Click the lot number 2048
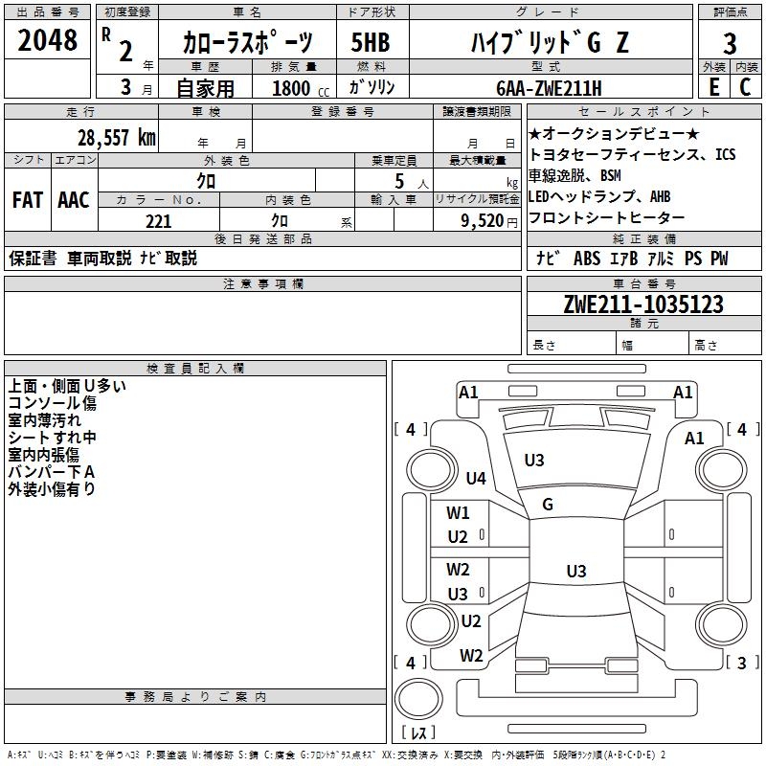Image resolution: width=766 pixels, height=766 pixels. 47,40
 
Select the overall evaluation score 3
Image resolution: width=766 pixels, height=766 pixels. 730,43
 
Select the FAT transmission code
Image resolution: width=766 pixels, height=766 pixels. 27,200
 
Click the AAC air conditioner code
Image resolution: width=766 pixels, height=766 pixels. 74,200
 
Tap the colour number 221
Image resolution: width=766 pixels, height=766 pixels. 159,221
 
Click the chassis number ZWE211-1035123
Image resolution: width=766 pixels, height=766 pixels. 642,305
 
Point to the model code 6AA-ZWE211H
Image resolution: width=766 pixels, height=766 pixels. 549,88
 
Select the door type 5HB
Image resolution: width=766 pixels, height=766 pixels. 371,43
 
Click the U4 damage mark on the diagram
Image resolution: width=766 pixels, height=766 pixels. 476,478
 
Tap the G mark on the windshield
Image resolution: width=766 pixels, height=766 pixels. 548,505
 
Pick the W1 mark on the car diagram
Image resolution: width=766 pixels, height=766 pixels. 458,512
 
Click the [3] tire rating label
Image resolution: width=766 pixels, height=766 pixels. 742,663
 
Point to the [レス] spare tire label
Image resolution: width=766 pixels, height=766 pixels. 417,732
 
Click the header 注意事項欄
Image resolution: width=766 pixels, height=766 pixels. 262,284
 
